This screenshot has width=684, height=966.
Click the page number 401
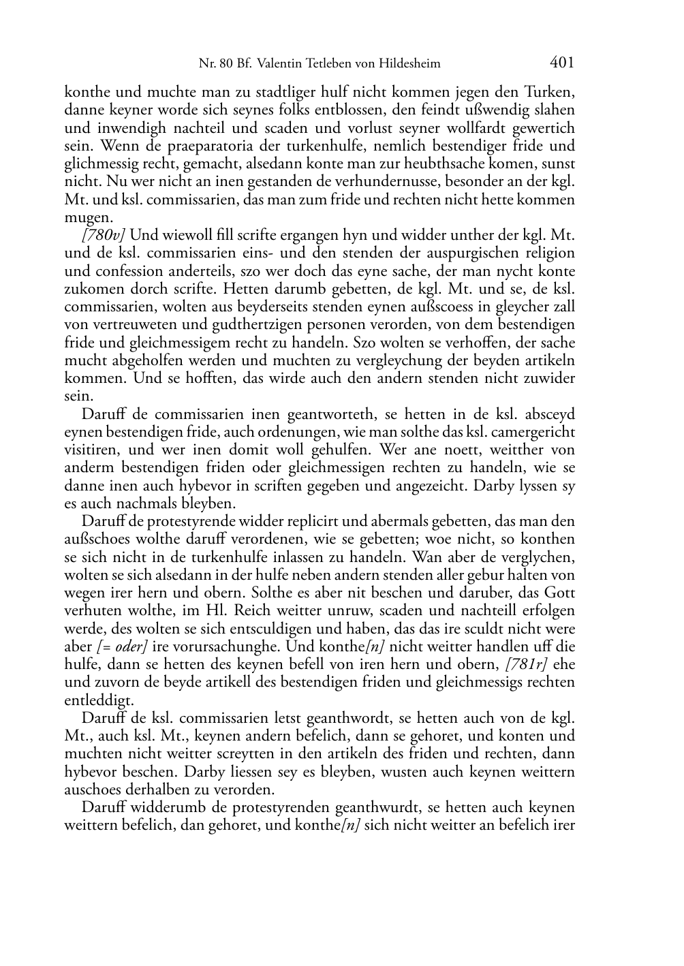(x=561, y=63)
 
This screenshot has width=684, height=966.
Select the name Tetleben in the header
(x=317, y=64)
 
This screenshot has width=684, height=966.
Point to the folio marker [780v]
(x=104, y=235)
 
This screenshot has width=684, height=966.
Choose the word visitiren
(x=92, y=450)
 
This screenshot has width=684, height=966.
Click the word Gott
(x=559, y=593)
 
